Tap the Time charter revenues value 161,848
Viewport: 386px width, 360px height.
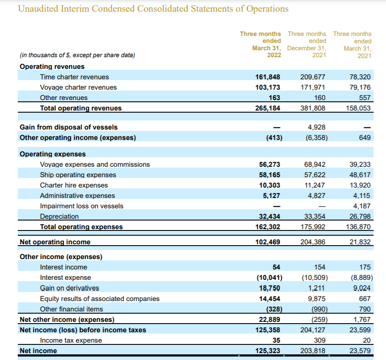(268, 77)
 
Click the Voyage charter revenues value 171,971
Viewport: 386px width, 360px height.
(313, 88)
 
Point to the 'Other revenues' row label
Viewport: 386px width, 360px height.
(64, 98)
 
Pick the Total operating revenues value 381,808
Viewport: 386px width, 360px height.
(313, 108)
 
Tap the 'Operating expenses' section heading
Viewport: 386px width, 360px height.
(53, 154)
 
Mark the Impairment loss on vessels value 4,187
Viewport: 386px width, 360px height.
(362, 206)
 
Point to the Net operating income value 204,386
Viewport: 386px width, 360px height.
(313, 242)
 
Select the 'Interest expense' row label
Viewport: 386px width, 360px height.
(66, 278)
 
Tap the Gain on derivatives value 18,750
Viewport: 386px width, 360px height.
(270, 288)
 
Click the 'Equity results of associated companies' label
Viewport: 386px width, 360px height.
(100, 298)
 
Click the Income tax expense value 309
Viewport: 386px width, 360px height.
(320, 340)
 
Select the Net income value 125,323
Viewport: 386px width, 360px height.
(268, 350)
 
